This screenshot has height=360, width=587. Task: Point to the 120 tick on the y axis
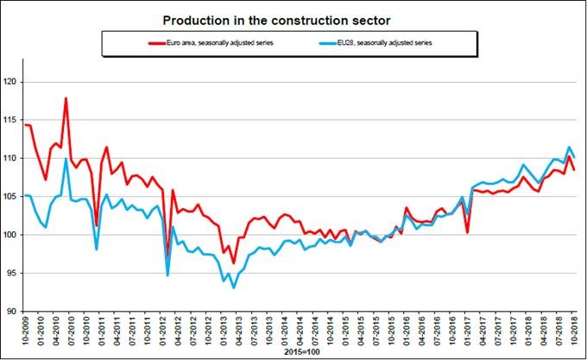click(x=10, y=83)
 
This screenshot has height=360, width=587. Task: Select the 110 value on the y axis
click(x=10, y=159)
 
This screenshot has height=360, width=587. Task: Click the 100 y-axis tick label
click(x=10, y=235)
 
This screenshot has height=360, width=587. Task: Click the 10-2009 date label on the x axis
click(x=26, y=332)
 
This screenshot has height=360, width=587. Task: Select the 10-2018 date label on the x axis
click(x=576, y=332)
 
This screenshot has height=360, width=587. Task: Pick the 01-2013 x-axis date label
click(x=224, y=332)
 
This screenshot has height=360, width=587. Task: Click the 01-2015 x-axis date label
click(x=346, y=332)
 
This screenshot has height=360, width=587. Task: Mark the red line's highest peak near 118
click(x=66, y=98)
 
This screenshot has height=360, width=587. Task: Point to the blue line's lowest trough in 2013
click(x=234, y=287)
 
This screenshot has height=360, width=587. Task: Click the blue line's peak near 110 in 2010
click(x=66, y=159)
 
